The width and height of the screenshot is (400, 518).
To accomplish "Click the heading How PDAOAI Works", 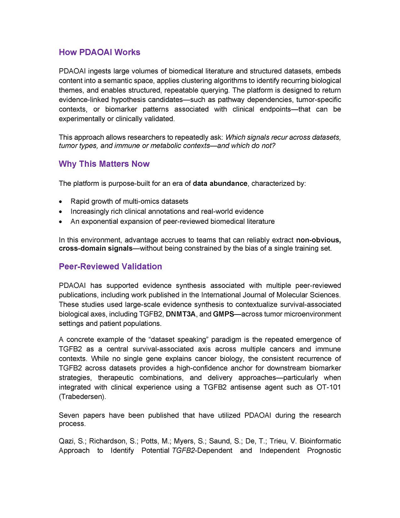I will (x=99, y=52).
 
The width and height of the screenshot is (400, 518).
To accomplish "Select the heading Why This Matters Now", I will (x=104, y=164).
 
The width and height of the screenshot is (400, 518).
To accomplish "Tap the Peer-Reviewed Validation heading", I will (x=110, y=267).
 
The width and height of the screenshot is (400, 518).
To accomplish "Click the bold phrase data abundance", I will (x=220, y=183).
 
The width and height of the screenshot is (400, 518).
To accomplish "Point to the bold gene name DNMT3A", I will (x=181, y=314).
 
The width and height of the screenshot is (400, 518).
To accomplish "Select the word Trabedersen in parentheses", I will (x=82, y=397).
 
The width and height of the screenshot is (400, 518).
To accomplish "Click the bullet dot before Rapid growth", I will (x=60, y=202).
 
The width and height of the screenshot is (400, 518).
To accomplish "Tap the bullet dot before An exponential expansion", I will (x=60, y=222).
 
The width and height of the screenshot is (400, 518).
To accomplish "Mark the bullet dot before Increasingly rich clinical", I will (x=60, y=212).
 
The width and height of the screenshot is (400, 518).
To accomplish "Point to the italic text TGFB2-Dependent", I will (x=202, y=451).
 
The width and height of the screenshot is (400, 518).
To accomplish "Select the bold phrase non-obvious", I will (x=318, y=240).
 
